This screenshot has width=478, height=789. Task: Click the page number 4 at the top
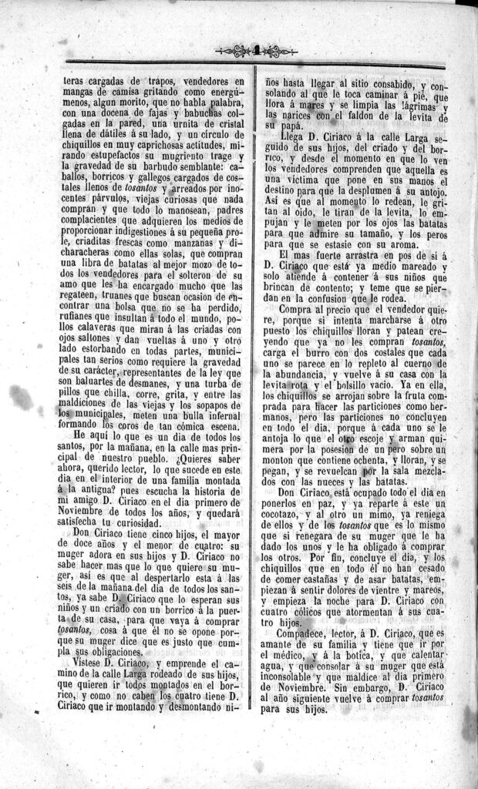255,52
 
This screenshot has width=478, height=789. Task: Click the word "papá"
281,124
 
